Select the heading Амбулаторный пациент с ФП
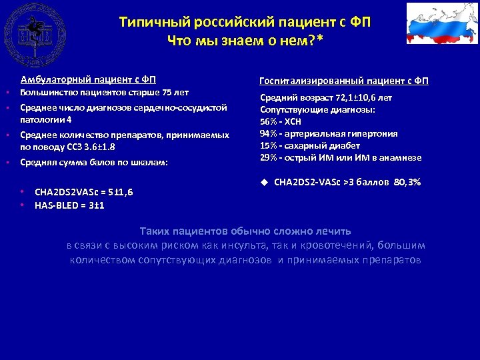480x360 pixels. [x=88, y=79]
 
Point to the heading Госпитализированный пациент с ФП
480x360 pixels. [x=343, y=81]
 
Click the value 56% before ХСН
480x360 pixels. [x=269, y=121]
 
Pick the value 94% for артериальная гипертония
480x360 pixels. [x=269, y=133]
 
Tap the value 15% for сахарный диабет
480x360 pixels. [x=269, y=145]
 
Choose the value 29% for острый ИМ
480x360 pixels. [x=269, y=157]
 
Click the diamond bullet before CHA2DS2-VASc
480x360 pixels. [x=263, y=181]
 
